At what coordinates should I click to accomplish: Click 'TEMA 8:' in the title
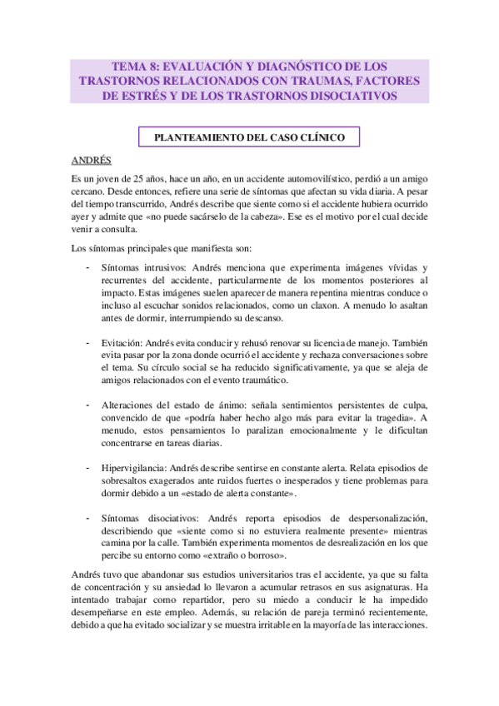click(x=135, y=66)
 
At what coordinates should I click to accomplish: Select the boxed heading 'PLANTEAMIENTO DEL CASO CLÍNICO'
click(x=248, y=136)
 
